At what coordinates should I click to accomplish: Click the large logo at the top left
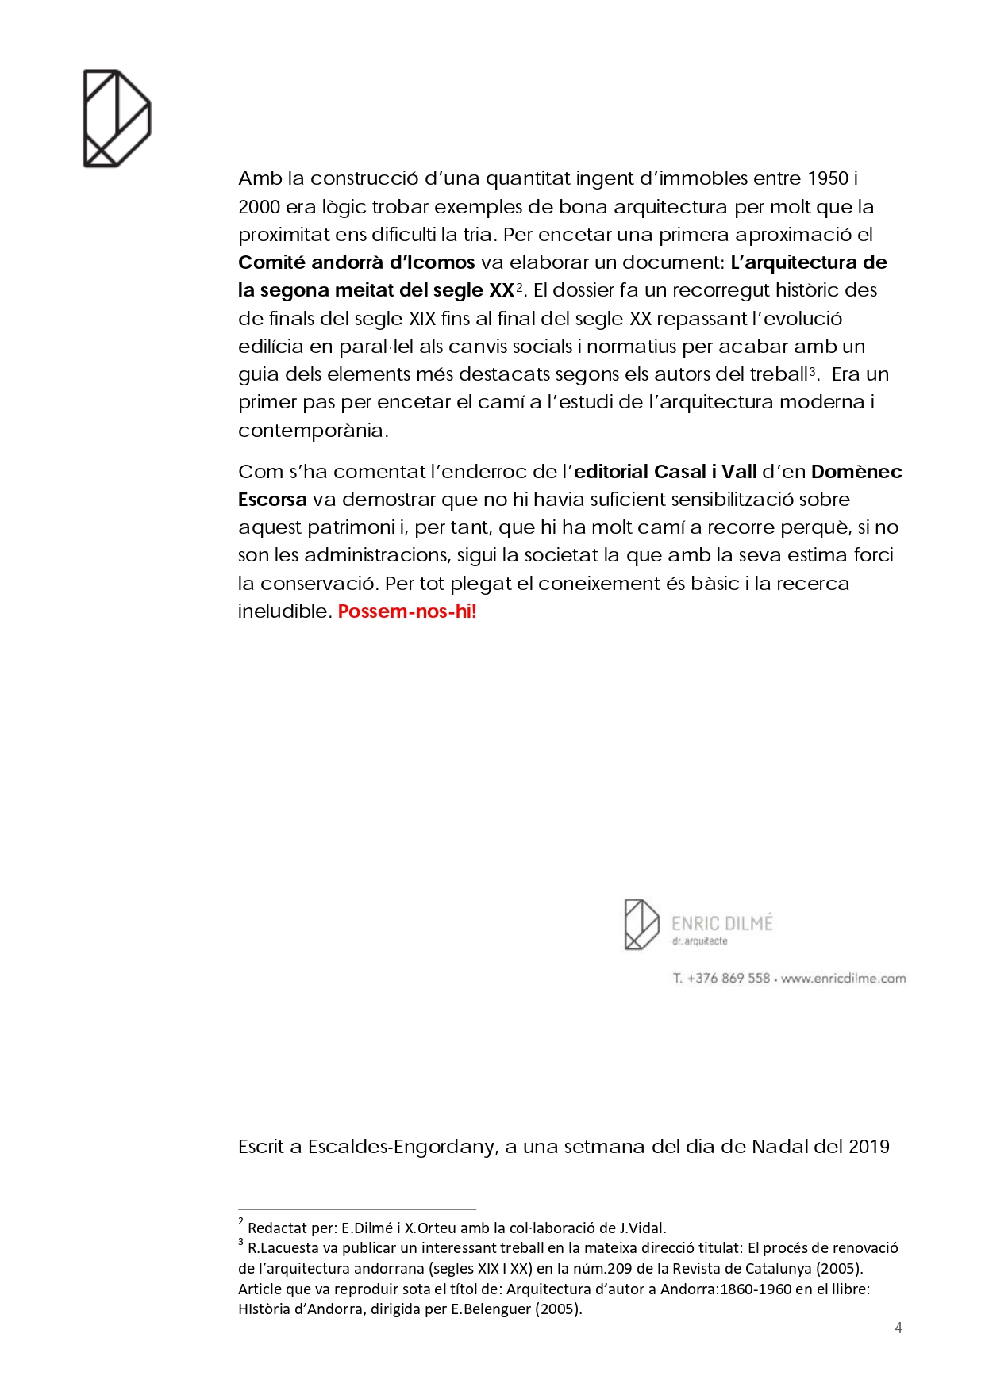117,118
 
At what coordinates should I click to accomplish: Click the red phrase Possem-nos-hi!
407,611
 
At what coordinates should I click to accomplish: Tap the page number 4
898,1328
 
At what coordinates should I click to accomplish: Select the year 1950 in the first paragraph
827,178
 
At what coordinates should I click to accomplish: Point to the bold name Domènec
856,472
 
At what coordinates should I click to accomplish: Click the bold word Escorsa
272,500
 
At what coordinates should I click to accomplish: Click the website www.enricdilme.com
843,978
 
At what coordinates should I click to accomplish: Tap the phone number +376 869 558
728,978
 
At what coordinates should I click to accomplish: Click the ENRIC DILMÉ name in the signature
721,923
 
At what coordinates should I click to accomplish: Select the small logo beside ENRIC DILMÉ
641,924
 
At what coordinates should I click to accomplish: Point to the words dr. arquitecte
699,941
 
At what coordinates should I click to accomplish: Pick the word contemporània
313,431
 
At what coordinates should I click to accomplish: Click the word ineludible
283,611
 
